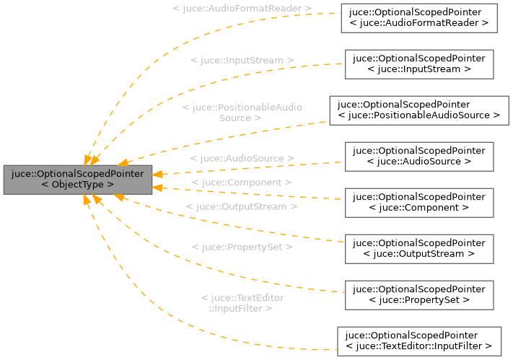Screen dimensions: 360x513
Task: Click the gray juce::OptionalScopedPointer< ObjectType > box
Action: [78, 179]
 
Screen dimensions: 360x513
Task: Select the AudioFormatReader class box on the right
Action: [418, 18]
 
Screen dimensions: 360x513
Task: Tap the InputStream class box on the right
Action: [418, 64]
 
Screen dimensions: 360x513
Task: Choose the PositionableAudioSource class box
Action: [418, 110]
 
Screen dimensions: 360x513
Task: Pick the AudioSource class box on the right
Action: [418, 156]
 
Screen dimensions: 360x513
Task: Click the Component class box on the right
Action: [418, 202]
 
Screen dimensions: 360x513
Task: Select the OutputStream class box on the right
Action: [418, 248]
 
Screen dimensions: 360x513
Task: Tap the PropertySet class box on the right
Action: [418, 294]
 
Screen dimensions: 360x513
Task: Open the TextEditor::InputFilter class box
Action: [418, 341]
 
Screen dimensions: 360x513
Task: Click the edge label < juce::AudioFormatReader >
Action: [242, 9]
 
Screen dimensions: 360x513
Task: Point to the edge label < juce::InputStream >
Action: [242, 61]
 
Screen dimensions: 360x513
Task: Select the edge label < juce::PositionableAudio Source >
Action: [242, 112]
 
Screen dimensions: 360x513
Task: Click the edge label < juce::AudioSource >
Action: [242, 158]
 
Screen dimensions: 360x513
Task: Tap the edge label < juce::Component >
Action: [242, 183]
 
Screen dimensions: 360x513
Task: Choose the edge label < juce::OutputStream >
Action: [242, 206]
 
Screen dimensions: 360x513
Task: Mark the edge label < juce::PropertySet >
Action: [242, 247]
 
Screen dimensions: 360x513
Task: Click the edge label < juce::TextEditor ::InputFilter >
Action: [242, 303]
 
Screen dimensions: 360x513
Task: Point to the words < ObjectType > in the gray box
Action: [78, 185]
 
